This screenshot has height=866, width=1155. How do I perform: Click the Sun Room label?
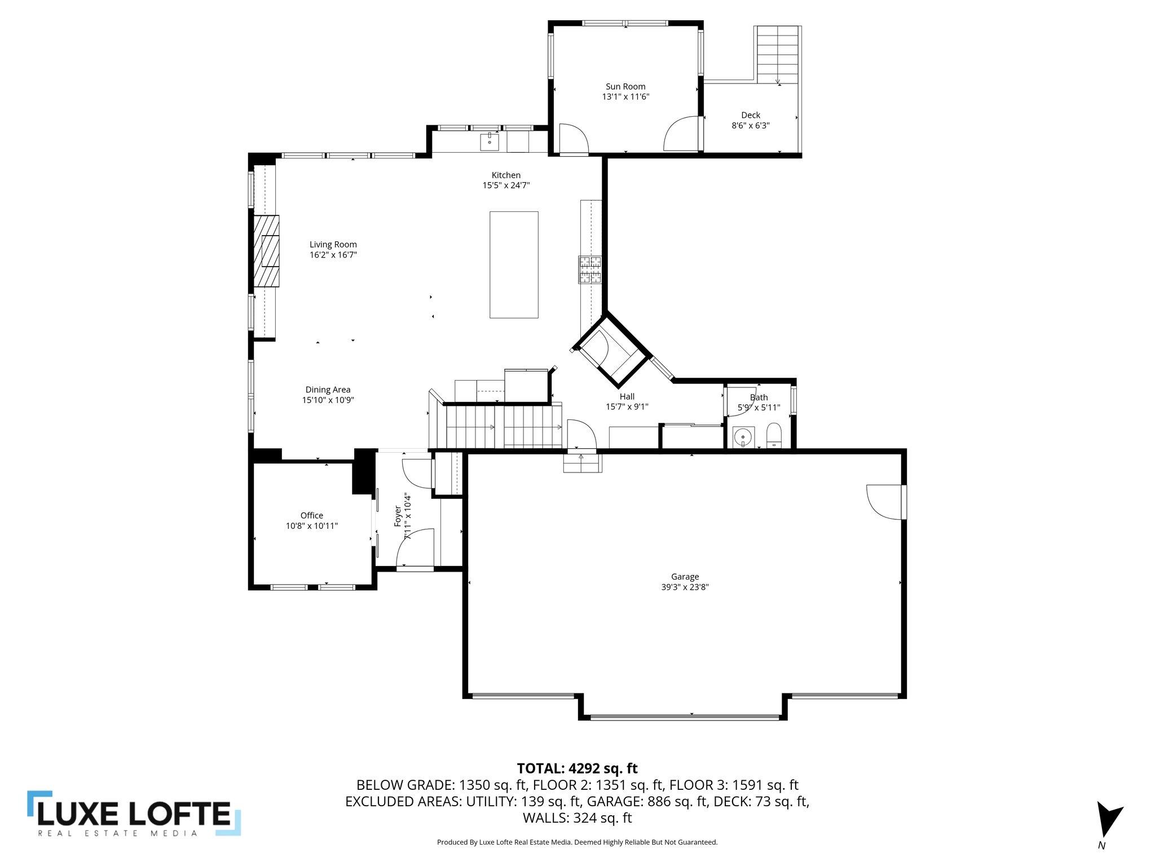625,87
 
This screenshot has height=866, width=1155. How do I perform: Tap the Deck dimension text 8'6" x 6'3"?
750,126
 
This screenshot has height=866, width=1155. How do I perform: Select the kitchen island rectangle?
514,264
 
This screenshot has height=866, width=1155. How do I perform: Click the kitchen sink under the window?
490,142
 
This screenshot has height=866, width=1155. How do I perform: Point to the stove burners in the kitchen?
590,269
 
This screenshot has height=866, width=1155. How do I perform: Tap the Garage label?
685,576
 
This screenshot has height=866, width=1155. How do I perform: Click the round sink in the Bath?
744,436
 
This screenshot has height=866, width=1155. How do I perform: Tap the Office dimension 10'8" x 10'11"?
311,526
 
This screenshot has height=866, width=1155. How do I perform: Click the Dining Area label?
328,390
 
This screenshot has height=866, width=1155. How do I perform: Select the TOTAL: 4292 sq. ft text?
577,768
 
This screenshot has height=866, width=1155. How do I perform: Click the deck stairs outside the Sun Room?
778,54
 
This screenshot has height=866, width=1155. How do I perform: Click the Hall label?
627,397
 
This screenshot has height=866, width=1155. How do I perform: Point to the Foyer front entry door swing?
416,548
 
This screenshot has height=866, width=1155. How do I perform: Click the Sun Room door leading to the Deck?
682,134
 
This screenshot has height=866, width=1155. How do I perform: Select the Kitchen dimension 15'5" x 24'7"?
506,185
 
